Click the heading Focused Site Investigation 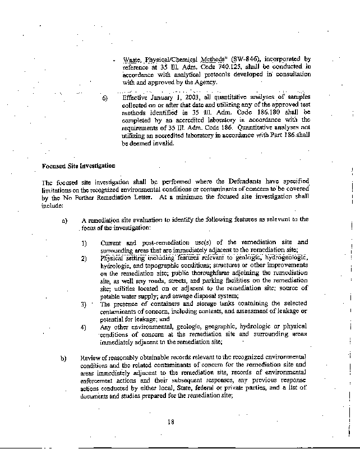(79, 166)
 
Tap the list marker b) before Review (64, 358)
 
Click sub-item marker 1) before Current (84, 242)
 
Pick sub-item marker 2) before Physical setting (84, 258)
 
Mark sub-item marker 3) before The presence (84, 304)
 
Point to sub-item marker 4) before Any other (84, 327)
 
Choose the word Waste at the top (131, 59)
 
